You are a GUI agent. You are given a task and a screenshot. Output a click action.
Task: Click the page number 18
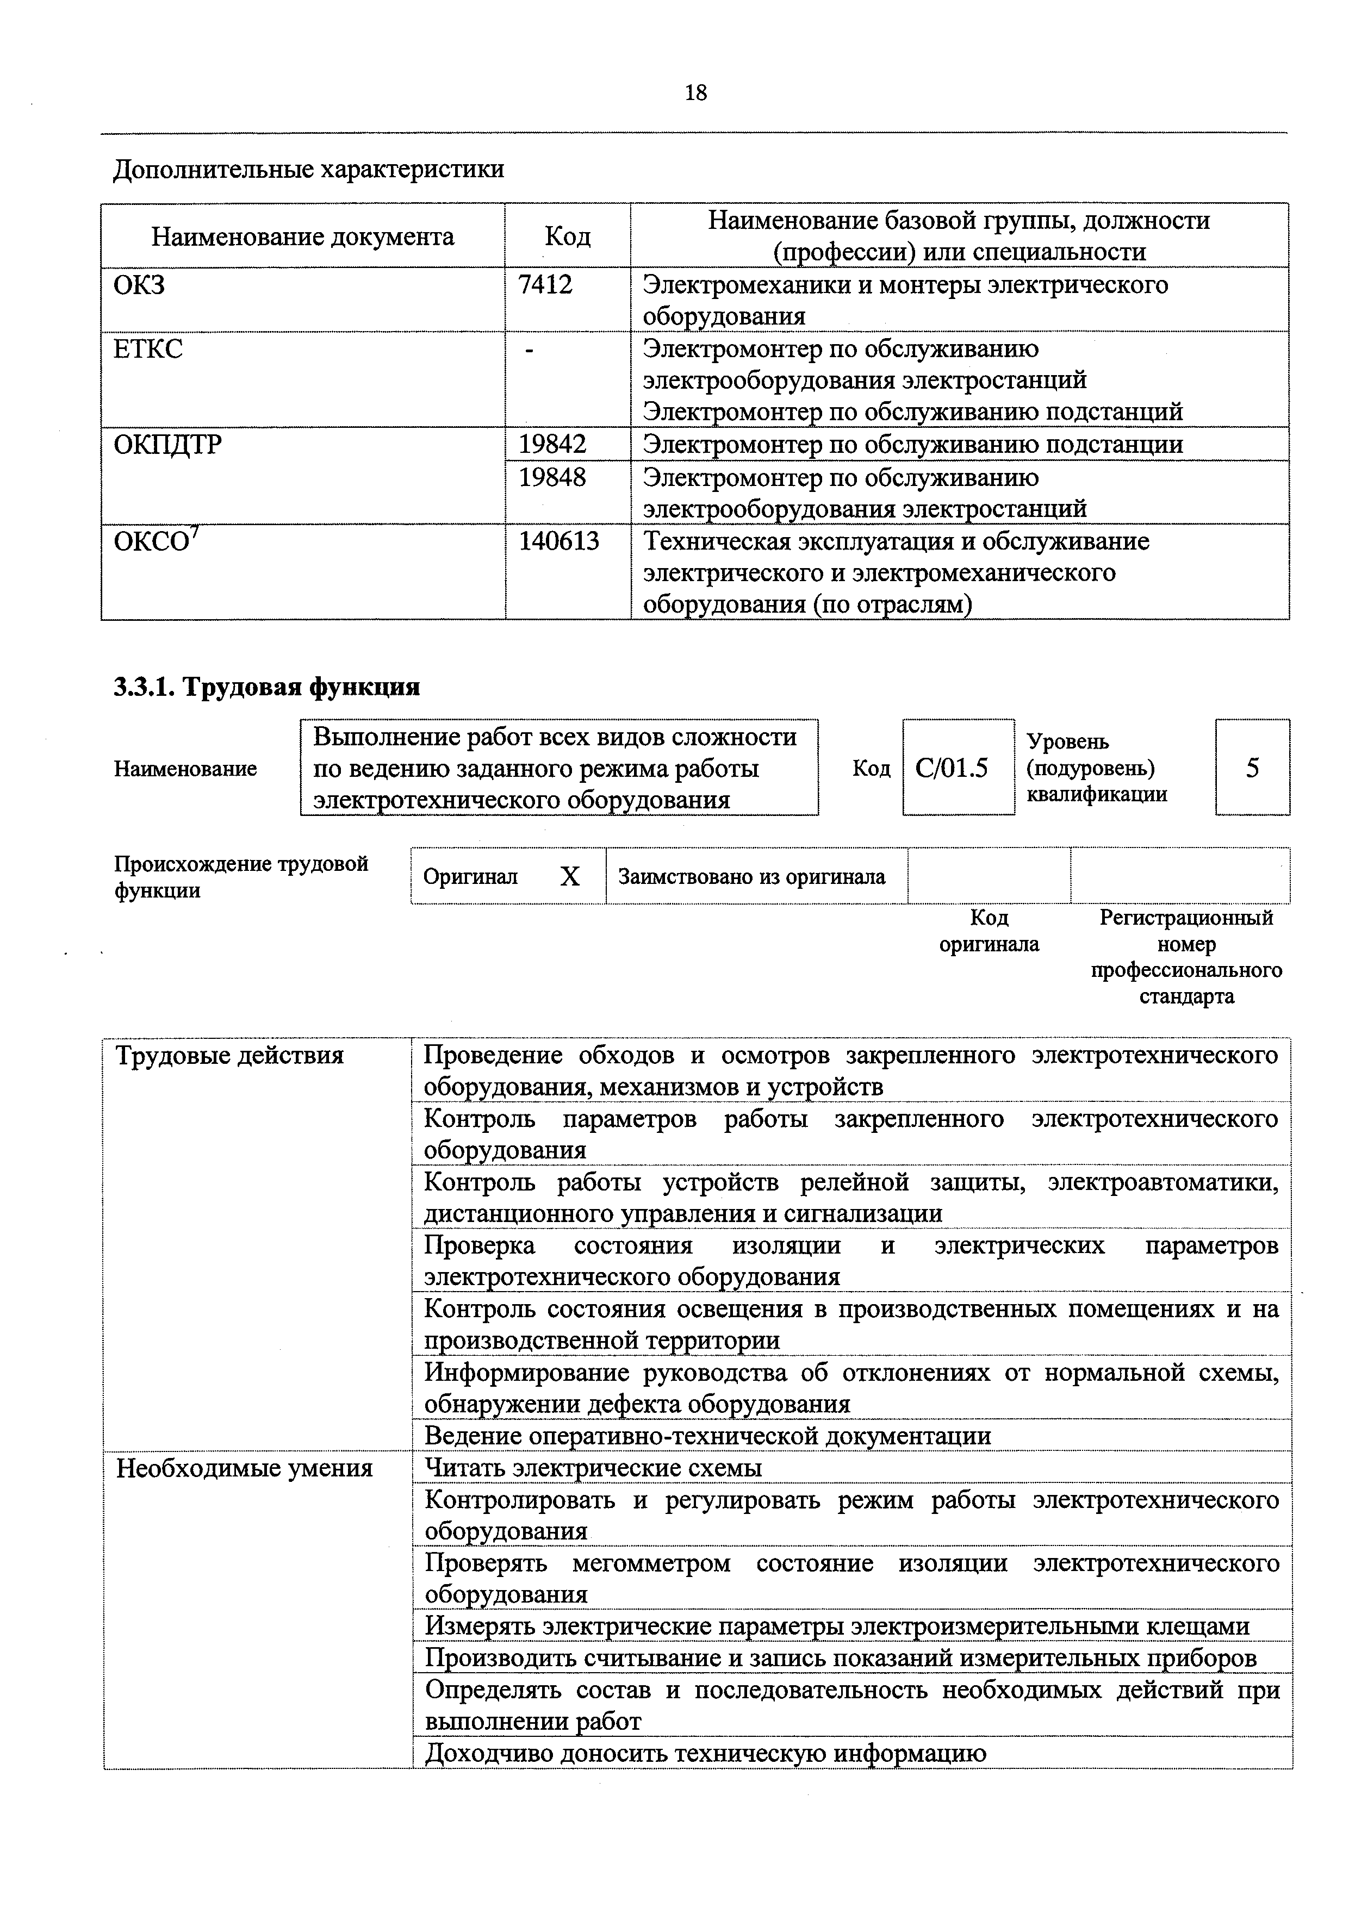695,92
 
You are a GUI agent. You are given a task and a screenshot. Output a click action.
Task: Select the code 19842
552,444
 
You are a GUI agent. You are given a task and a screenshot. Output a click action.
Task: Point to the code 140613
558,541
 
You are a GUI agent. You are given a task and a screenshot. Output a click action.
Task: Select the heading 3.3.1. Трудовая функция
266,687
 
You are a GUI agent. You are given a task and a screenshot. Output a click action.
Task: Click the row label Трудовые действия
229,1056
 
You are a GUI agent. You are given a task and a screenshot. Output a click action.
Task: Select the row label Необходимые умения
244,1468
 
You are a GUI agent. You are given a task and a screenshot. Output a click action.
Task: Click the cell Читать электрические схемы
593,1468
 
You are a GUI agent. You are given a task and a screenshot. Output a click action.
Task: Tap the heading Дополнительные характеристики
308,170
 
